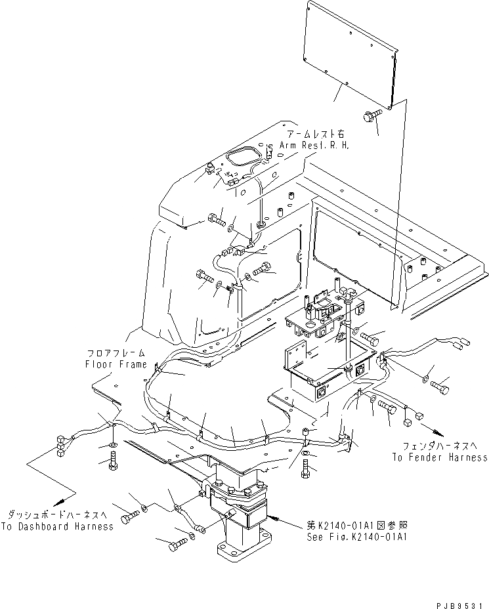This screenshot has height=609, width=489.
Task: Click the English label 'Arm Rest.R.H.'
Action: tap(314, 145)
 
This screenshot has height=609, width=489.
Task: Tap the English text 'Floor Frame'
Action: tap(116, 364)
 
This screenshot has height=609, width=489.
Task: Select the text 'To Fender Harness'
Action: tap(440, 457)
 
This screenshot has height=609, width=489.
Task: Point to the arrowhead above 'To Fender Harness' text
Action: tap(433, 431)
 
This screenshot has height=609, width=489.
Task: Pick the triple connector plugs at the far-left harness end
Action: tap(58, 446)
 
